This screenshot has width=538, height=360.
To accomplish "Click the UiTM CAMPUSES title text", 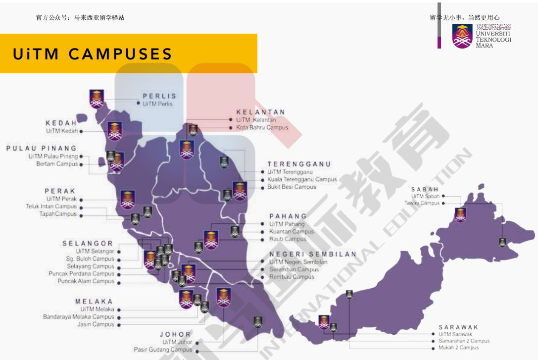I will (93, 54).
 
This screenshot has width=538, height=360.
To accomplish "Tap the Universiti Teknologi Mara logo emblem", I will (462, 36).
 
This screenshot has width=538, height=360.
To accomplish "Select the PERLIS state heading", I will (159, 96).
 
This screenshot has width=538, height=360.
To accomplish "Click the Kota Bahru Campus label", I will (262, 127).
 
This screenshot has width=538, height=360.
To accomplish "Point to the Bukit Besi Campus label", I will (292, 187).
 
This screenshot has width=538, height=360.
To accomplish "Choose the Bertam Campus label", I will (57, 164).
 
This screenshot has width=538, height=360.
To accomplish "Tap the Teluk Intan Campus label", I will (51, 206).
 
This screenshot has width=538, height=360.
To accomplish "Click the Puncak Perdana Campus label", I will (81, 273).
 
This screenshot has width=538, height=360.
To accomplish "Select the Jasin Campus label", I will (96, 324).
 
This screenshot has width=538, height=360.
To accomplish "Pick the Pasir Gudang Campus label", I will (163, 350).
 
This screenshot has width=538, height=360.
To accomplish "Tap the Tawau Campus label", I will (422, 203).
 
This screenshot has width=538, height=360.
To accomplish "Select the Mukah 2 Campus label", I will (458, 348).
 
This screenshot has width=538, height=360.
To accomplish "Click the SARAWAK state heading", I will (458, 327).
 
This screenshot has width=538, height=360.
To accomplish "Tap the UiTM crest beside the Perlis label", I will (97, 99).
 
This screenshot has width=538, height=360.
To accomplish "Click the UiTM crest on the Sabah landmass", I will (461, 214).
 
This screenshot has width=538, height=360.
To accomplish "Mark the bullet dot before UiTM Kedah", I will (81, 131).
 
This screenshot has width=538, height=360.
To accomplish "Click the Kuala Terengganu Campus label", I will (302, 179).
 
